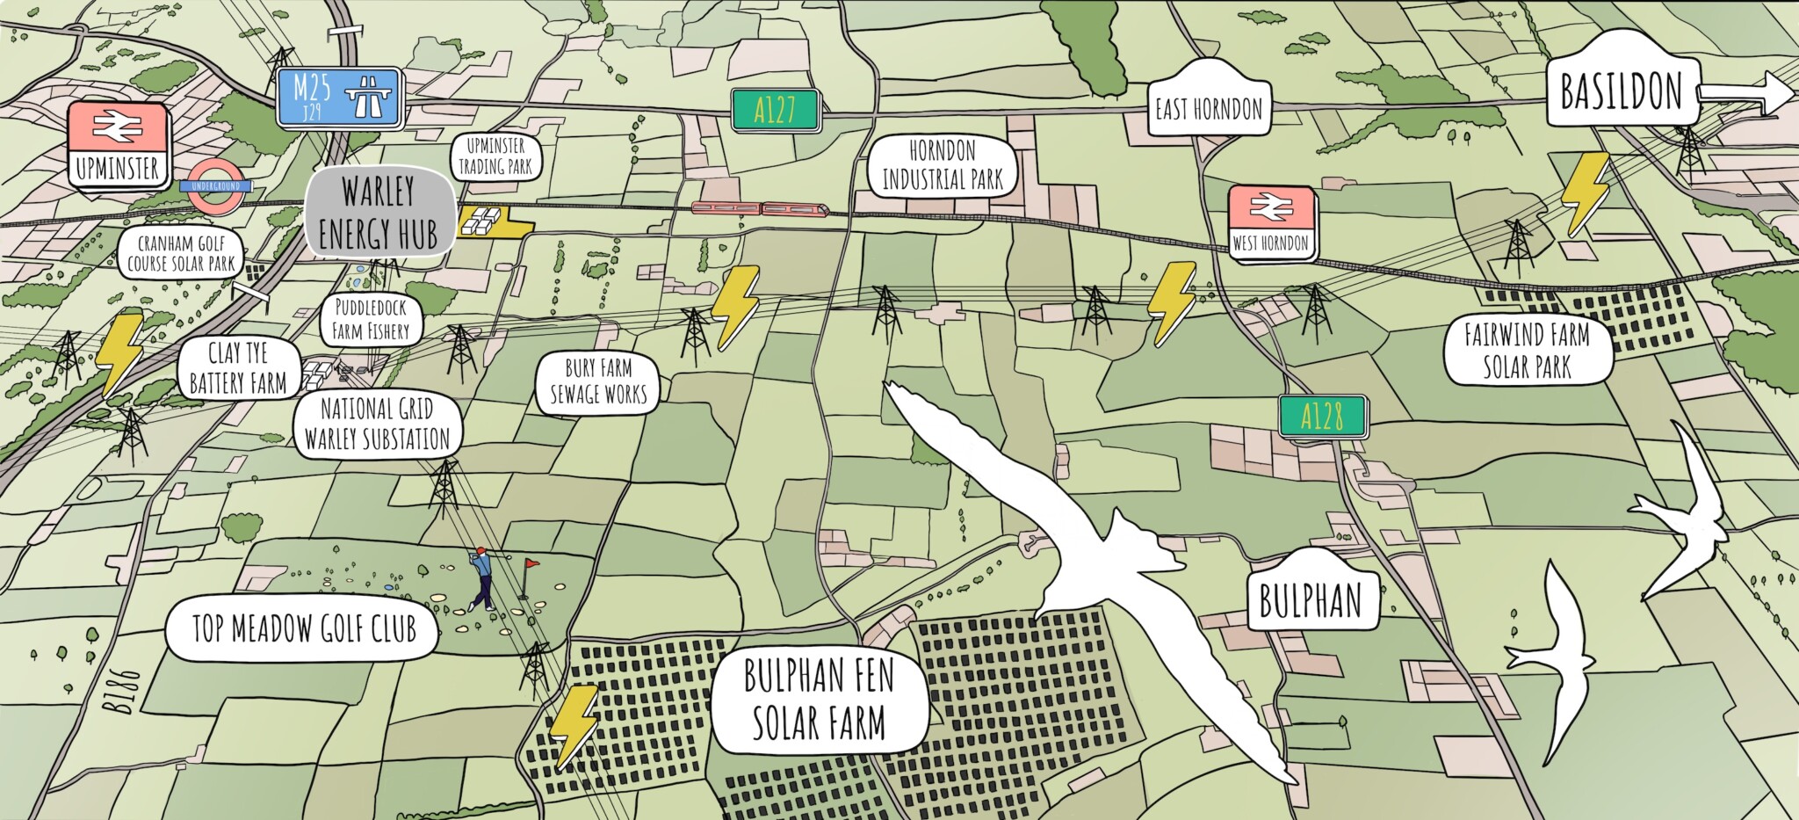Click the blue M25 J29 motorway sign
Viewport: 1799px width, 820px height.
(x=339, y=96)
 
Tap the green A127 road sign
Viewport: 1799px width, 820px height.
(x=776, y=110)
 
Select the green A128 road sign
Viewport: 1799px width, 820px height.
(x=1322, y=417)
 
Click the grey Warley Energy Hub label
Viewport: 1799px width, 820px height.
(x=379, y=214)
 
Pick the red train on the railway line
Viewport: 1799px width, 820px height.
(x=760, y=209)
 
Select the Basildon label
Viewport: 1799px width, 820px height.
(x=1621, y=91)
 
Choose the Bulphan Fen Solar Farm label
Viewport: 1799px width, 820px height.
(x=819, y=700)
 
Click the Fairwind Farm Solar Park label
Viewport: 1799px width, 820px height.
(x=1527, y=351)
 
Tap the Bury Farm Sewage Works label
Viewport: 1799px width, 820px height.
(x=598, y=381)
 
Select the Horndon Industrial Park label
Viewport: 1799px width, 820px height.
(x=942, y=165)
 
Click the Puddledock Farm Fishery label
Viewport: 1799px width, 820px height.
(x=371, y=319)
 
